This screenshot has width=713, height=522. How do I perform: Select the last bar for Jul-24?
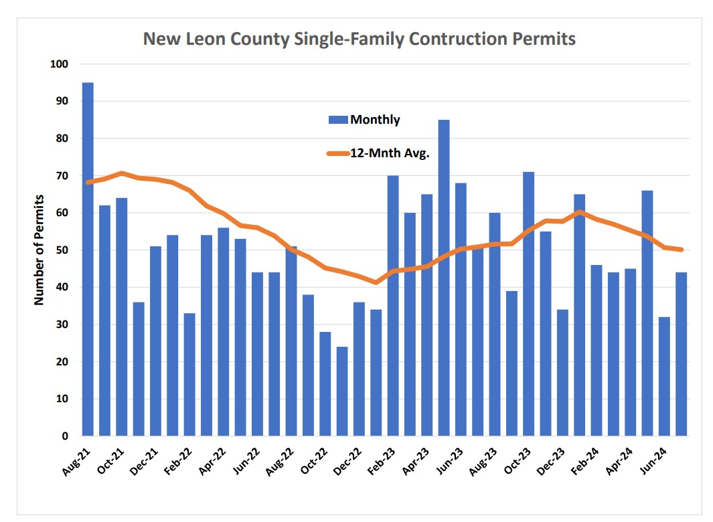point(681,354)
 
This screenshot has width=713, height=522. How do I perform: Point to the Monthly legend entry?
point(365,120)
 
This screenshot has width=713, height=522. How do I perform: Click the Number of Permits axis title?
point(39,250)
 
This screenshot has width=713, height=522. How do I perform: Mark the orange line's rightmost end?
point(681,250)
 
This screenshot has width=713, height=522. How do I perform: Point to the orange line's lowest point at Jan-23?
point(376,282)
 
